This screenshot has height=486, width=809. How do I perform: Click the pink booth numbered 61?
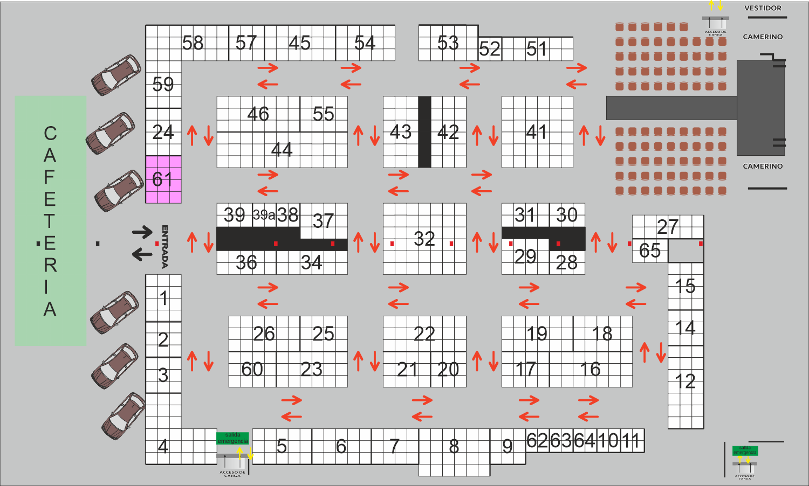[x=163, y=179]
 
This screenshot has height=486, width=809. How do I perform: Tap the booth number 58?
[x=193, y=43]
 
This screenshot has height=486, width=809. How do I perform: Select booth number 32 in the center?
[x=424, y=239]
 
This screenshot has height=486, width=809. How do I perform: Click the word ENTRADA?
[x=165, y=246]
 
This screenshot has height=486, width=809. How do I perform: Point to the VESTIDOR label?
[x=763, y=8]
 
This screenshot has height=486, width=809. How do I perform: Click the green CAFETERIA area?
[x=50, y=221]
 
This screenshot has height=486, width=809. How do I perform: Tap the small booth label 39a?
[x=264, y=215]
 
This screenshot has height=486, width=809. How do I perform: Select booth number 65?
[x=649, y=251]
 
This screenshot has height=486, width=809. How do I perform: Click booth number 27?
[x=668, y=227]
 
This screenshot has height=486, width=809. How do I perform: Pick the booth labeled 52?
[x=490, y=50]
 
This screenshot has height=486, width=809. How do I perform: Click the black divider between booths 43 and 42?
[x=424, y=132]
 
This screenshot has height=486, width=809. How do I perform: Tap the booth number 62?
[x=537, y=441]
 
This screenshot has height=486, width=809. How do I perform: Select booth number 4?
[x=163, y=446]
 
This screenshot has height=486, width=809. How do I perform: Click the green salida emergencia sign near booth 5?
[x=232, y=438]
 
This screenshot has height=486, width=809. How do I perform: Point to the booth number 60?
[x=252, y=369]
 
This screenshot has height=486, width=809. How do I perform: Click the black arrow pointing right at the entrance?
[x=142, y=232]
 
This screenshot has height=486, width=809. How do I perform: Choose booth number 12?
[x=685, y=381]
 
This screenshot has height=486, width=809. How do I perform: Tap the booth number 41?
[x=537, y=132]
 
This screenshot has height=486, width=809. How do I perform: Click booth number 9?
[x=508, y=446]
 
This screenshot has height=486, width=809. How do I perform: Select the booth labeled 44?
[x=282, y=149]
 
